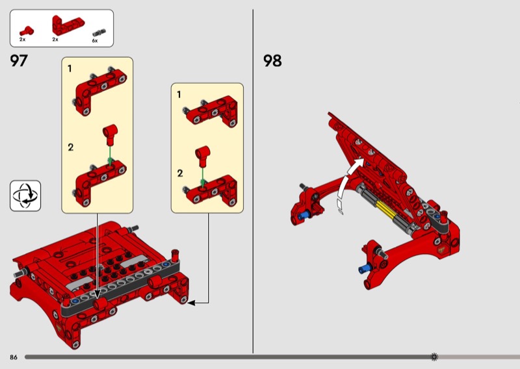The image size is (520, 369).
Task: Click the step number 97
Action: (19, 60)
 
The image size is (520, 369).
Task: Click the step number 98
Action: (272, 60)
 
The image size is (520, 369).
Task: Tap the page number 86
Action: (13, 357)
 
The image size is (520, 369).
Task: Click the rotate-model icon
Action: (25, 196)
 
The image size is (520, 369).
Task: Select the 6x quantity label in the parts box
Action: (95, 41)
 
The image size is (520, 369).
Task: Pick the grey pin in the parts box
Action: (99, 32)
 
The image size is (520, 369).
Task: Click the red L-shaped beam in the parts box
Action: (68, 25)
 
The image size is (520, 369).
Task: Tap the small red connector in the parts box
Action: (27, 31)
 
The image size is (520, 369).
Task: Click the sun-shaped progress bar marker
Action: (434, 357)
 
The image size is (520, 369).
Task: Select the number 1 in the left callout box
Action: (70, 69)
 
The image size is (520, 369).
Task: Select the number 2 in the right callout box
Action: (180, 173)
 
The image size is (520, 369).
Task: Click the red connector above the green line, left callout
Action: (110, 134)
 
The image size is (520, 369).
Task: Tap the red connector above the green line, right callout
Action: (203, 156)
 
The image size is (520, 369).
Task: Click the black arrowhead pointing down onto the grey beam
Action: (97, 294)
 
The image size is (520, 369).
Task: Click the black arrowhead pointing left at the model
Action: (191, 302)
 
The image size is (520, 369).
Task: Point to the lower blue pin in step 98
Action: (364, 269)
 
